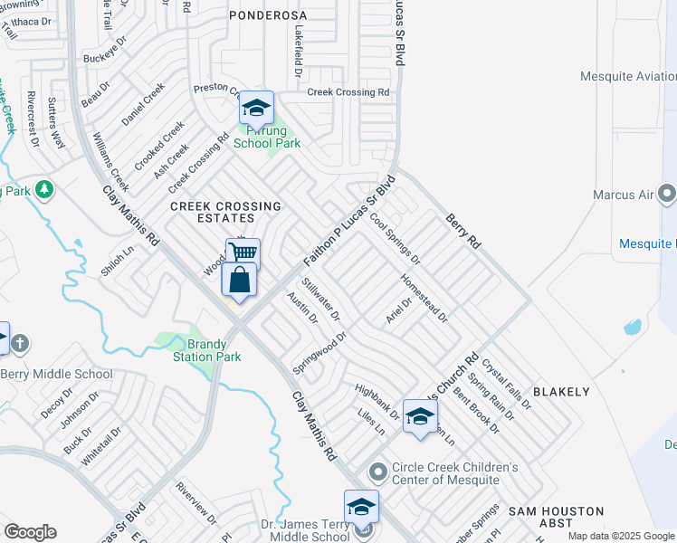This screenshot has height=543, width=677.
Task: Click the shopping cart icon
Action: (243, 252)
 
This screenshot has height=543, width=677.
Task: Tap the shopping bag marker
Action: (239, 280)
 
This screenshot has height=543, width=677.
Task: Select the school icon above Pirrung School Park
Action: (257, 110)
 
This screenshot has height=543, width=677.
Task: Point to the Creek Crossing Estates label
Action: (213, 213)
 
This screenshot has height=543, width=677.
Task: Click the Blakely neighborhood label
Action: (560, 392)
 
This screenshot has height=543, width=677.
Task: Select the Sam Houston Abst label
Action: (540, 517)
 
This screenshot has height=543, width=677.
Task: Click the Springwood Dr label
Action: (319, 353)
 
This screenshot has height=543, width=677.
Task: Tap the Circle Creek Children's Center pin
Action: (378, 472)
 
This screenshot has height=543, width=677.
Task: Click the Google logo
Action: (30, 532)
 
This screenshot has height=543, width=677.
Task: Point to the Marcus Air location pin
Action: (667, 194)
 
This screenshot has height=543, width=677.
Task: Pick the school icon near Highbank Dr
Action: (420, 416)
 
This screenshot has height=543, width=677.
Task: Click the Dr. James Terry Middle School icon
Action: (361, 507)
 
